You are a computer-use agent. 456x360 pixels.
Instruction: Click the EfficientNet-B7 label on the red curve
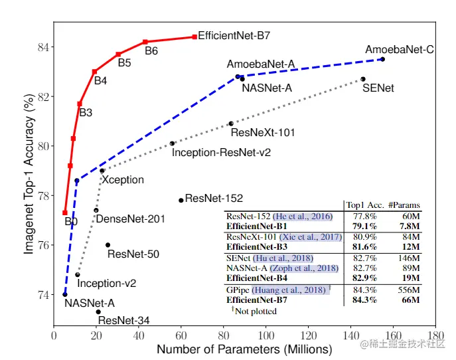(234, 35)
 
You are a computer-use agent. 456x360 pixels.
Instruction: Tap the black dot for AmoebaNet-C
(382, 59)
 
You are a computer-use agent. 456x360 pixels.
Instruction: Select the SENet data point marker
(363, 79)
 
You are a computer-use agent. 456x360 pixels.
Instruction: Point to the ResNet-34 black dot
(98, 312)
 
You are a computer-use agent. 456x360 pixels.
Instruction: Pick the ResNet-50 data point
(108, 245)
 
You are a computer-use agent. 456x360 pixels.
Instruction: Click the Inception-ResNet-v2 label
(221, 152)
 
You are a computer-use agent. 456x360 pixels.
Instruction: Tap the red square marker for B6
(145, 42)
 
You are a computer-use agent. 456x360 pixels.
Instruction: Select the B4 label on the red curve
(100, 81)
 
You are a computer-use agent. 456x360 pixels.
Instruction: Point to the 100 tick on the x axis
(266, 337)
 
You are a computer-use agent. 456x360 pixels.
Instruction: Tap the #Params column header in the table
(404, 205)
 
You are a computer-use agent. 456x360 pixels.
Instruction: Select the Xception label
(123, 179)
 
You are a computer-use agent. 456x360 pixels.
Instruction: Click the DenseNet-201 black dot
(96, 211)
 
